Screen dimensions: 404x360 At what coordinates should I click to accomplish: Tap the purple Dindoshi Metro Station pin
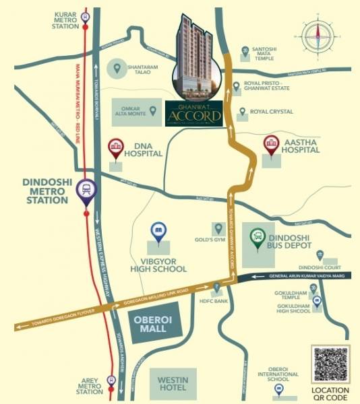(86, 190)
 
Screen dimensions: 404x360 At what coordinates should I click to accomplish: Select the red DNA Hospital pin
(115, 148)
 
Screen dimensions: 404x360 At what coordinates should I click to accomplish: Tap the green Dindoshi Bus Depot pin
(257, 238)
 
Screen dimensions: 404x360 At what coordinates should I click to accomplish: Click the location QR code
(330, 364)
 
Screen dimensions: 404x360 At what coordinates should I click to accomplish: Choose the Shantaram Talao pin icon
(117, 68)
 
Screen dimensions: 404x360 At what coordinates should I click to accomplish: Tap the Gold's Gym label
(210, 240)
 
